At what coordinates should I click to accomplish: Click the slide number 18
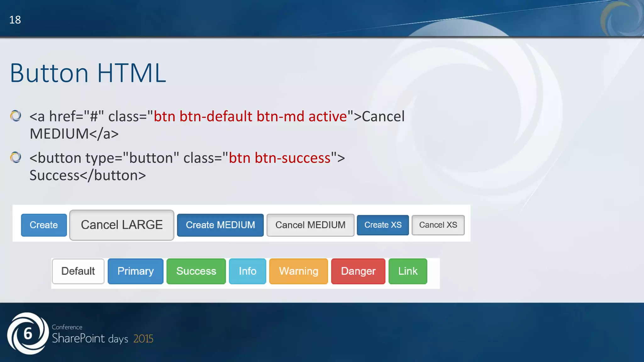[x=15, y=20]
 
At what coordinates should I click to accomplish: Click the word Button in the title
[x=49, y=73]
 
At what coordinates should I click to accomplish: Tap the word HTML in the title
[x=131, y=73]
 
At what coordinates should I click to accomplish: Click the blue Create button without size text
[x=44, y=225]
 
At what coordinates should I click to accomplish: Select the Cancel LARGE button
[x=122, y=225]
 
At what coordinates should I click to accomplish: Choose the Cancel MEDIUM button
[x=310, y=225]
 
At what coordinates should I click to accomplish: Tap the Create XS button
[x=383, y=225]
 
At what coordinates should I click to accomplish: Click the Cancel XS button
[x=438, y=225]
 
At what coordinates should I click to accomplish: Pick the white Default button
[x=78, y=271]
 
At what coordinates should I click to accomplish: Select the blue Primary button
[x=136, y=271]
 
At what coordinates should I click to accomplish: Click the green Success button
[x=196, y=271]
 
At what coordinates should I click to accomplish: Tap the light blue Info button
[x=247, y=271]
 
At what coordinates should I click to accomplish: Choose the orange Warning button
[x=298, y=271]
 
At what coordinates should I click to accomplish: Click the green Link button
[x=408, y=271]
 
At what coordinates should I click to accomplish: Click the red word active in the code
[x=327, y=117]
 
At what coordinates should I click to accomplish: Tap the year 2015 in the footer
[x=143, y=339]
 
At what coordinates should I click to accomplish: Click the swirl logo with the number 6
[x=28, y=333]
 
